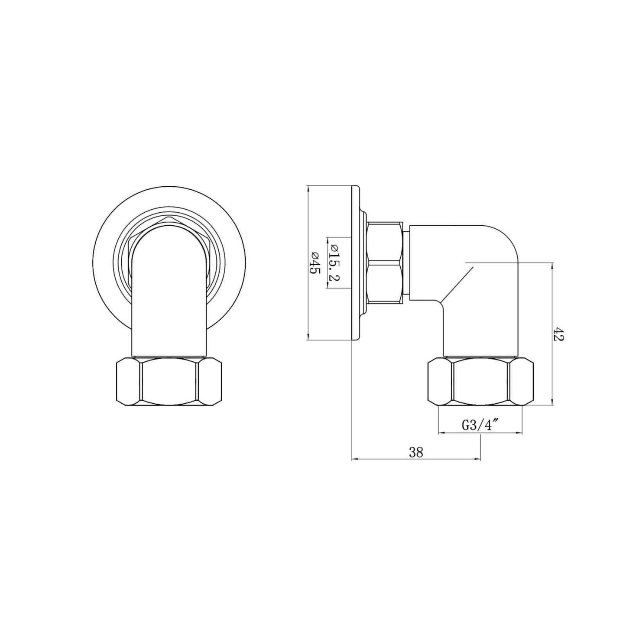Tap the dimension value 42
tap(558, 334)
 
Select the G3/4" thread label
tap(480, 426)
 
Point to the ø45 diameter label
tap(315, 263)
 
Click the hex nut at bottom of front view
tap(169, 381)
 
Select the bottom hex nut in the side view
tap(480, 381)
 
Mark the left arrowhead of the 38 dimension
tap(353, 459)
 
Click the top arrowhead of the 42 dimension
tap(552, 265)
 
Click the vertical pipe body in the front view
tap(169, 303)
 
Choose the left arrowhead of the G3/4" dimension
tap(441, 432)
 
